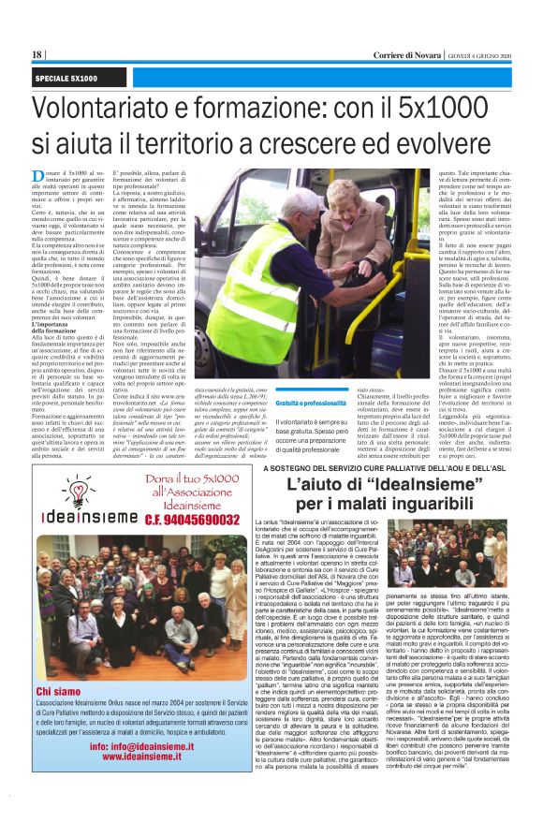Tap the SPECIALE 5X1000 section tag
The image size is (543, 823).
tap(66, 78)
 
